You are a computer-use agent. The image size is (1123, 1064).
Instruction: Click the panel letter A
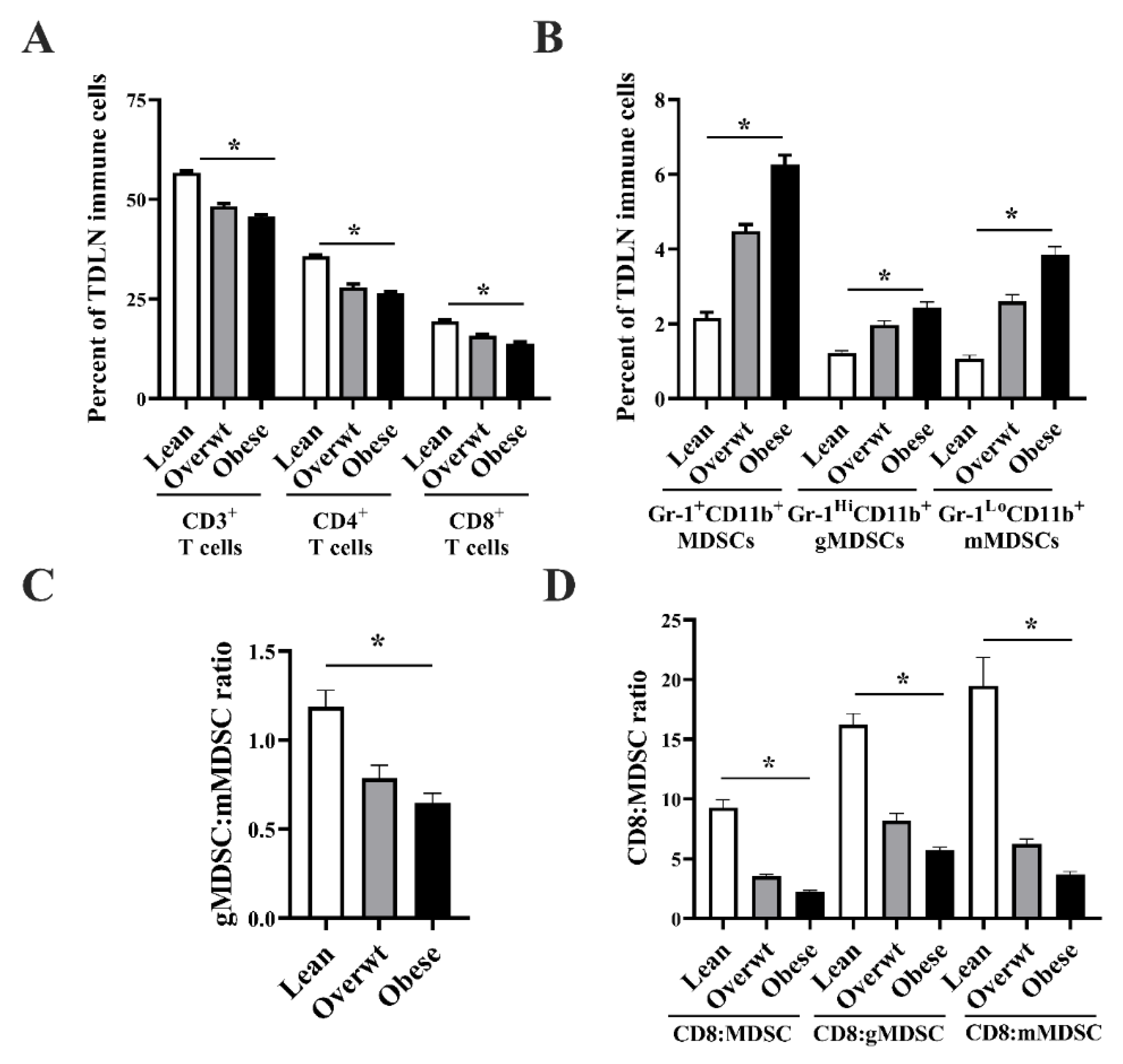coord(38,39)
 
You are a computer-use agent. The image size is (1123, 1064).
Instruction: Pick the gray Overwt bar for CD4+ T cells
coord(353,343)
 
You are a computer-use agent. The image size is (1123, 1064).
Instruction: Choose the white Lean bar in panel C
coord(326,812)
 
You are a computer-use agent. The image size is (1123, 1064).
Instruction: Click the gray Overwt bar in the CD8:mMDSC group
coord(1026,881)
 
